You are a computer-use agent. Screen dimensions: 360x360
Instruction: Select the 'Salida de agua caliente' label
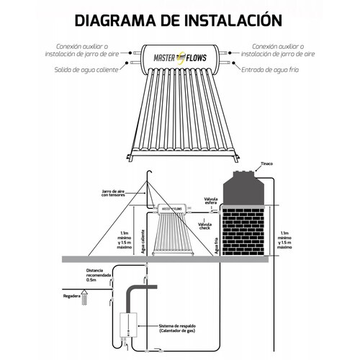coord(85,71)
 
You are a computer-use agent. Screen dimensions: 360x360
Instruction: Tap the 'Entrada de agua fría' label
coord(276,71)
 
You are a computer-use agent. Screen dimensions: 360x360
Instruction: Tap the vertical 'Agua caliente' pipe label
coord(144,244)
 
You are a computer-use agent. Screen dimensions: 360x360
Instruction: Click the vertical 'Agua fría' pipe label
coord(214,245)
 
